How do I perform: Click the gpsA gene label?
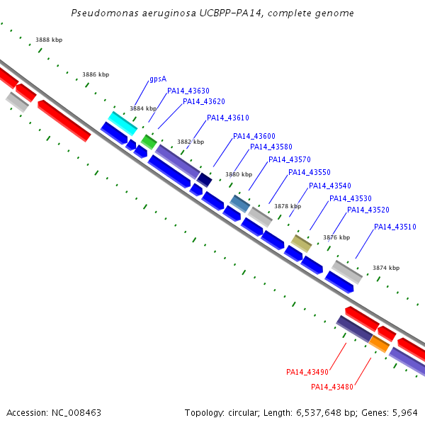158,79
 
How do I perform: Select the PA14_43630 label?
188,91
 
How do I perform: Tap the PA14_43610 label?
228,118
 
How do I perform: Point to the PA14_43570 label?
290,159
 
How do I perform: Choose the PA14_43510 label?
395,227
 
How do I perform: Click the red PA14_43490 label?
307,372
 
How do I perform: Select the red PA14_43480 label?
332,387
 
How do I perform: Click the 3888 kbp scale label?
49,40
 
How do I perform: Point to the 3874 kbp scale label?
386,268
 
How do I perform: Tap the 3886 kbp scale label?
96,74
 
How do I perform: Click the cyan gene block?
123,123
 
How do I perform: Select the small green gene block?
149,142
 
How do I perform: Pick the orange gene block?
379,344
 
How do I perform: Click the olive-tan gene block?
301,244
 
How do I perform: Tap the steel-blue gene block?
240,203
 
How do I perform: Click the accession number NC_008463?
76,413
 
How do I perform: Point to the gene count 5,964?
404,413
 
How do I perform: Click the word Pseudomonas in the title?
105,13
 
